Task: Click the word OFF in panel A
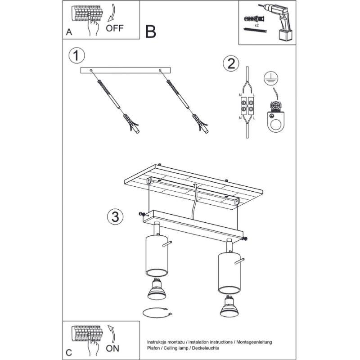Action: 115,27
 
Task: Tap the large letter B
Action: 151,31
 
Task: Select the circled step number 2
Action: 230,64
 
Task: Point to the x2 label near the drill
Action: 256,27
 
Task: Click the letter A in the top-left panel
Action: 68,32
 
